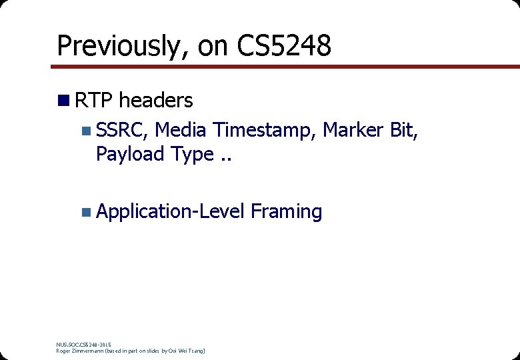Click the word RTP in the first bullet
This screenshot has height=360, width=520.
click(x=95, y=101)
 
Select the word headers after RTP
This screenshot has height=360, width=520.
click(x=156, y=101)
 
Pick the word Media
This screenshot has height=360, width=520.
click(x=181, y=130)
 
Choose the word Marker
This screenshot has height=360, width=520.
click(x=353, y=130)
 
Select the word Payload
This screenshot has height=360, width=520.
click(x=131, y=155)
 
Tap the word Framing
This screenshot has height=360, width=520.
click(x=287, y=213)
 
